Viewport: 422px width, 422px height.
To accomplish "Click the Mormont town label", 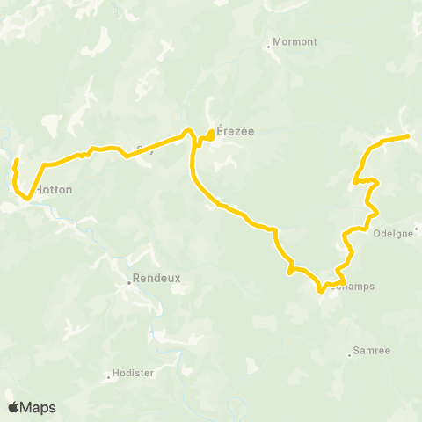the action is (x=295, y=40).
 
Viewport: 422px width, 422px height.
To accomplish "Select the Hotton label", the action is (x=54, y=189).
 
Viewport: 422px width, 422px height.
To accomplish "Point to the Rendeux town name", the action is (x=156, y=278).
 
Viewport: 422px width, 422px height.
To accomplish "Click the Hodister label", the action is (x=135, y=373).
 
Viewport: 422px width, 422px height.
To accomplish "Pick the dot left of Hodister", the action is (x=109, y=376).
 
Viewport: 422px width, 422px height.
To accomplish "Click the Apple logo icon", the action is (x=13, y=407).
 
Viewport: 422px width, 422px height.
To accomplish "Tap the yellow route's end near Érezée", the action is (x=212, y=134).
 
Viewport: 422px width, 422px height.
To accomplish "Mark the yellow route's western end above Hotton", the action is (x=16, y=160).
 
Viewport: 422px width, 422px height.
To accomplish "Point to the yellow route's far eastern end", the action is (x=408, y=136).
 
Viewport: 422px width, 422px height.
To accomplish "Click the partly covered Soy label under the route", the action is (x=144, y=149).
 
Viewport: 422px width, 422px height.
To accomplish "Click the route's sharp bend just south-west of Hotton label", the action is (x=29, y=198).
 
